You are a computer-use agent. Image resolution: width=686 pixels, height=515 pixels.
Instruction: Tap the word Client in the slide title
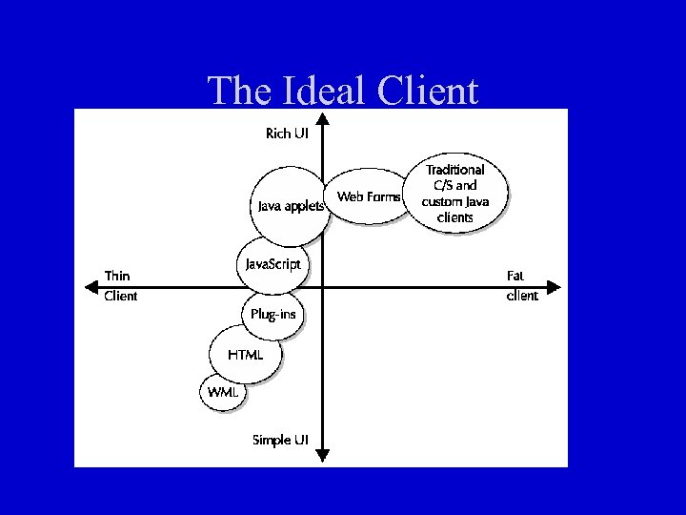(428, 92)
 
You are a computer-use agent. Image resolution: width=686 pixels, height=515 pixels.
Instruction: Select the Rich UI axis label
(287, 134)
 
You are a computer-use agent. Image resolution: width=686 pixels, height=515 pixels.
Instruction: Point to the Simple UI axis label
(280, 440)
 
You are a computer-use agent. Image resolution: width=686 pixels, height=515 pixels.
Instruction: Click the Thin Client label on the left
(121, 286)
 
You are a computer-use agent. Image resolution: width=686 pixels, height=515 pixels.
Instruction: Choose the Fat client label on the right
(521, 286)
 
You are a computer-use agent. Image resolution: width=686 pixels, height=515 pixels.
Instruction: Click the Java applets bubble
(290, 204)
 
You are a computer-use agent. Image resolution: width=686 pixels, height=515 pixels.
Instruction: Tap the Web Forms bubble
(369, 197)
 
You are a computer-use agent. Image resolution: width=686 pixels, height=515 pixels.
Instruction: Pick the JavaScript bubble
(272, 263)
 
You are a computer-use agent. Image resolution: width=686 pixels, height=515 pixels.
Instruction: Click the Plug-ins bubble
(273, 314)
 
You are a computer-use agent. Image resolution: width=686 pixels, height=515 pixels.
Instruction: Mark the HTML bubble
(246, 355)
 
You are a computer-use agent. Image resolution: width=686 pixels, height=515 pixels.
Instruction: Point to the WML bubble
(224, 391)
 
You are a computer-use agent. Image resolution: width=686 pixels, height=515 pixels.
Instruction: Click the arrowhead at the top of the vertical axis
(323, 119)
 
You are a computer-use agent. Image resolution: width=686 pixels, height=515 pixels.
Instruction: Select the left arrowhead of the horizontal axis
(88, 285)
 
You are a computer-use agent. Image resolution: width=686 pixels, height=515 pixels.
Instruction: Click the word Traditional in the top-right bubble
(454, 170)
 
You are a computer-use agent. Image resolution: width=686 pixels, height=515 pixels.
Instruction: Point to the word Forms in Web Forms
(384, 197)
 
